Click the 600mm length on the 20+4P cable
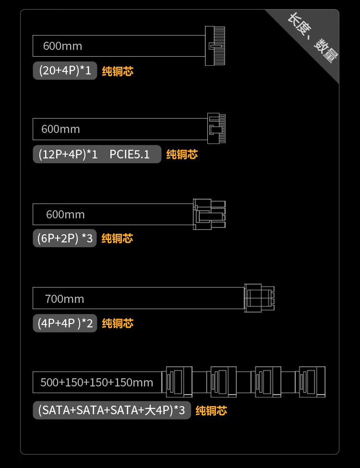point(62,46)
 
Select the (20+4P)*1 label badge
point(65,71)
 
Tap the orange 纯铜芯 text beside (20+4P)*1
point(118,72)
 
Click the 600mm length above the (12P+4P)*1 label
point(60,129)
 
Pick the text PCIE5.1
point(130,155)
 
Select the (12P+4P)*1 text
point(68,155)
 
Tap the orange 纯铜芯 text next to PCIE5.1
point(182,155)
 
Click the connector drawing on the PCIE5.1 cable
point(216,128)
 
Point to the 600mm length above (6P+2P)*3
point(65,215)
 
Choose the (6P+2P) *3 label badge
point(65,238)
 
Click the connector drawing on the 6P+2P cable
point(209,214)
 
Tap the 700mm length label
point(64,299)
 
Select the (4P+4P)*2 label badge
point(65,323)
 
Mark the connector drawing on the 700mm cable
point(259,298)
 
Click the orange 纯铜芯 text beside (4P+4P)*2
point(118,324)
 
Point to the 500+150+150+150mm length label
point(97,383)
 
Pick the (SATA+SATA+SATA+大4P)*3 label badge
point(111,410)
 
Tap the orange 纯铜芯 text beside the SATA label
point(211,411)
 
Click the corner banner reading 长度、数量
point(313,39)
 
